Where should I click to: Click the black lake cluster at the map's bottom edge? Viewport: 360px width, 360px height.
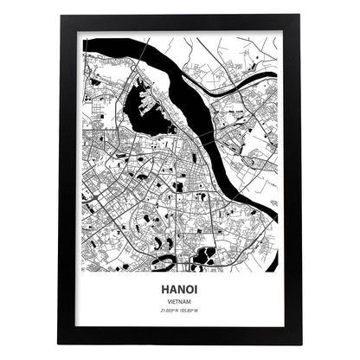pyautogui.click(x=205, y=254)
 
